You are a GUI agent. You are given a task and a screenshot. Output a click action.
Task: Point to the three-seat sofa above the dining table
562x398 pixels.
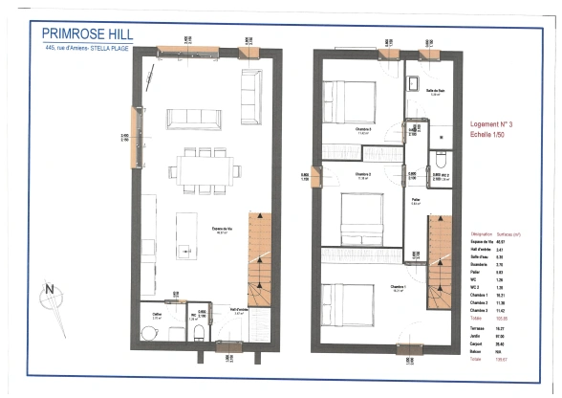pyautogui.click(x=197, y=118)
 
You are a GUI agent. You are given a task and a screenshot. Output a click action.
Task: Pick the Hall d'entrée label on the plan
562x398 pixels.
pyautogui.click(x=241, y=310)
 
